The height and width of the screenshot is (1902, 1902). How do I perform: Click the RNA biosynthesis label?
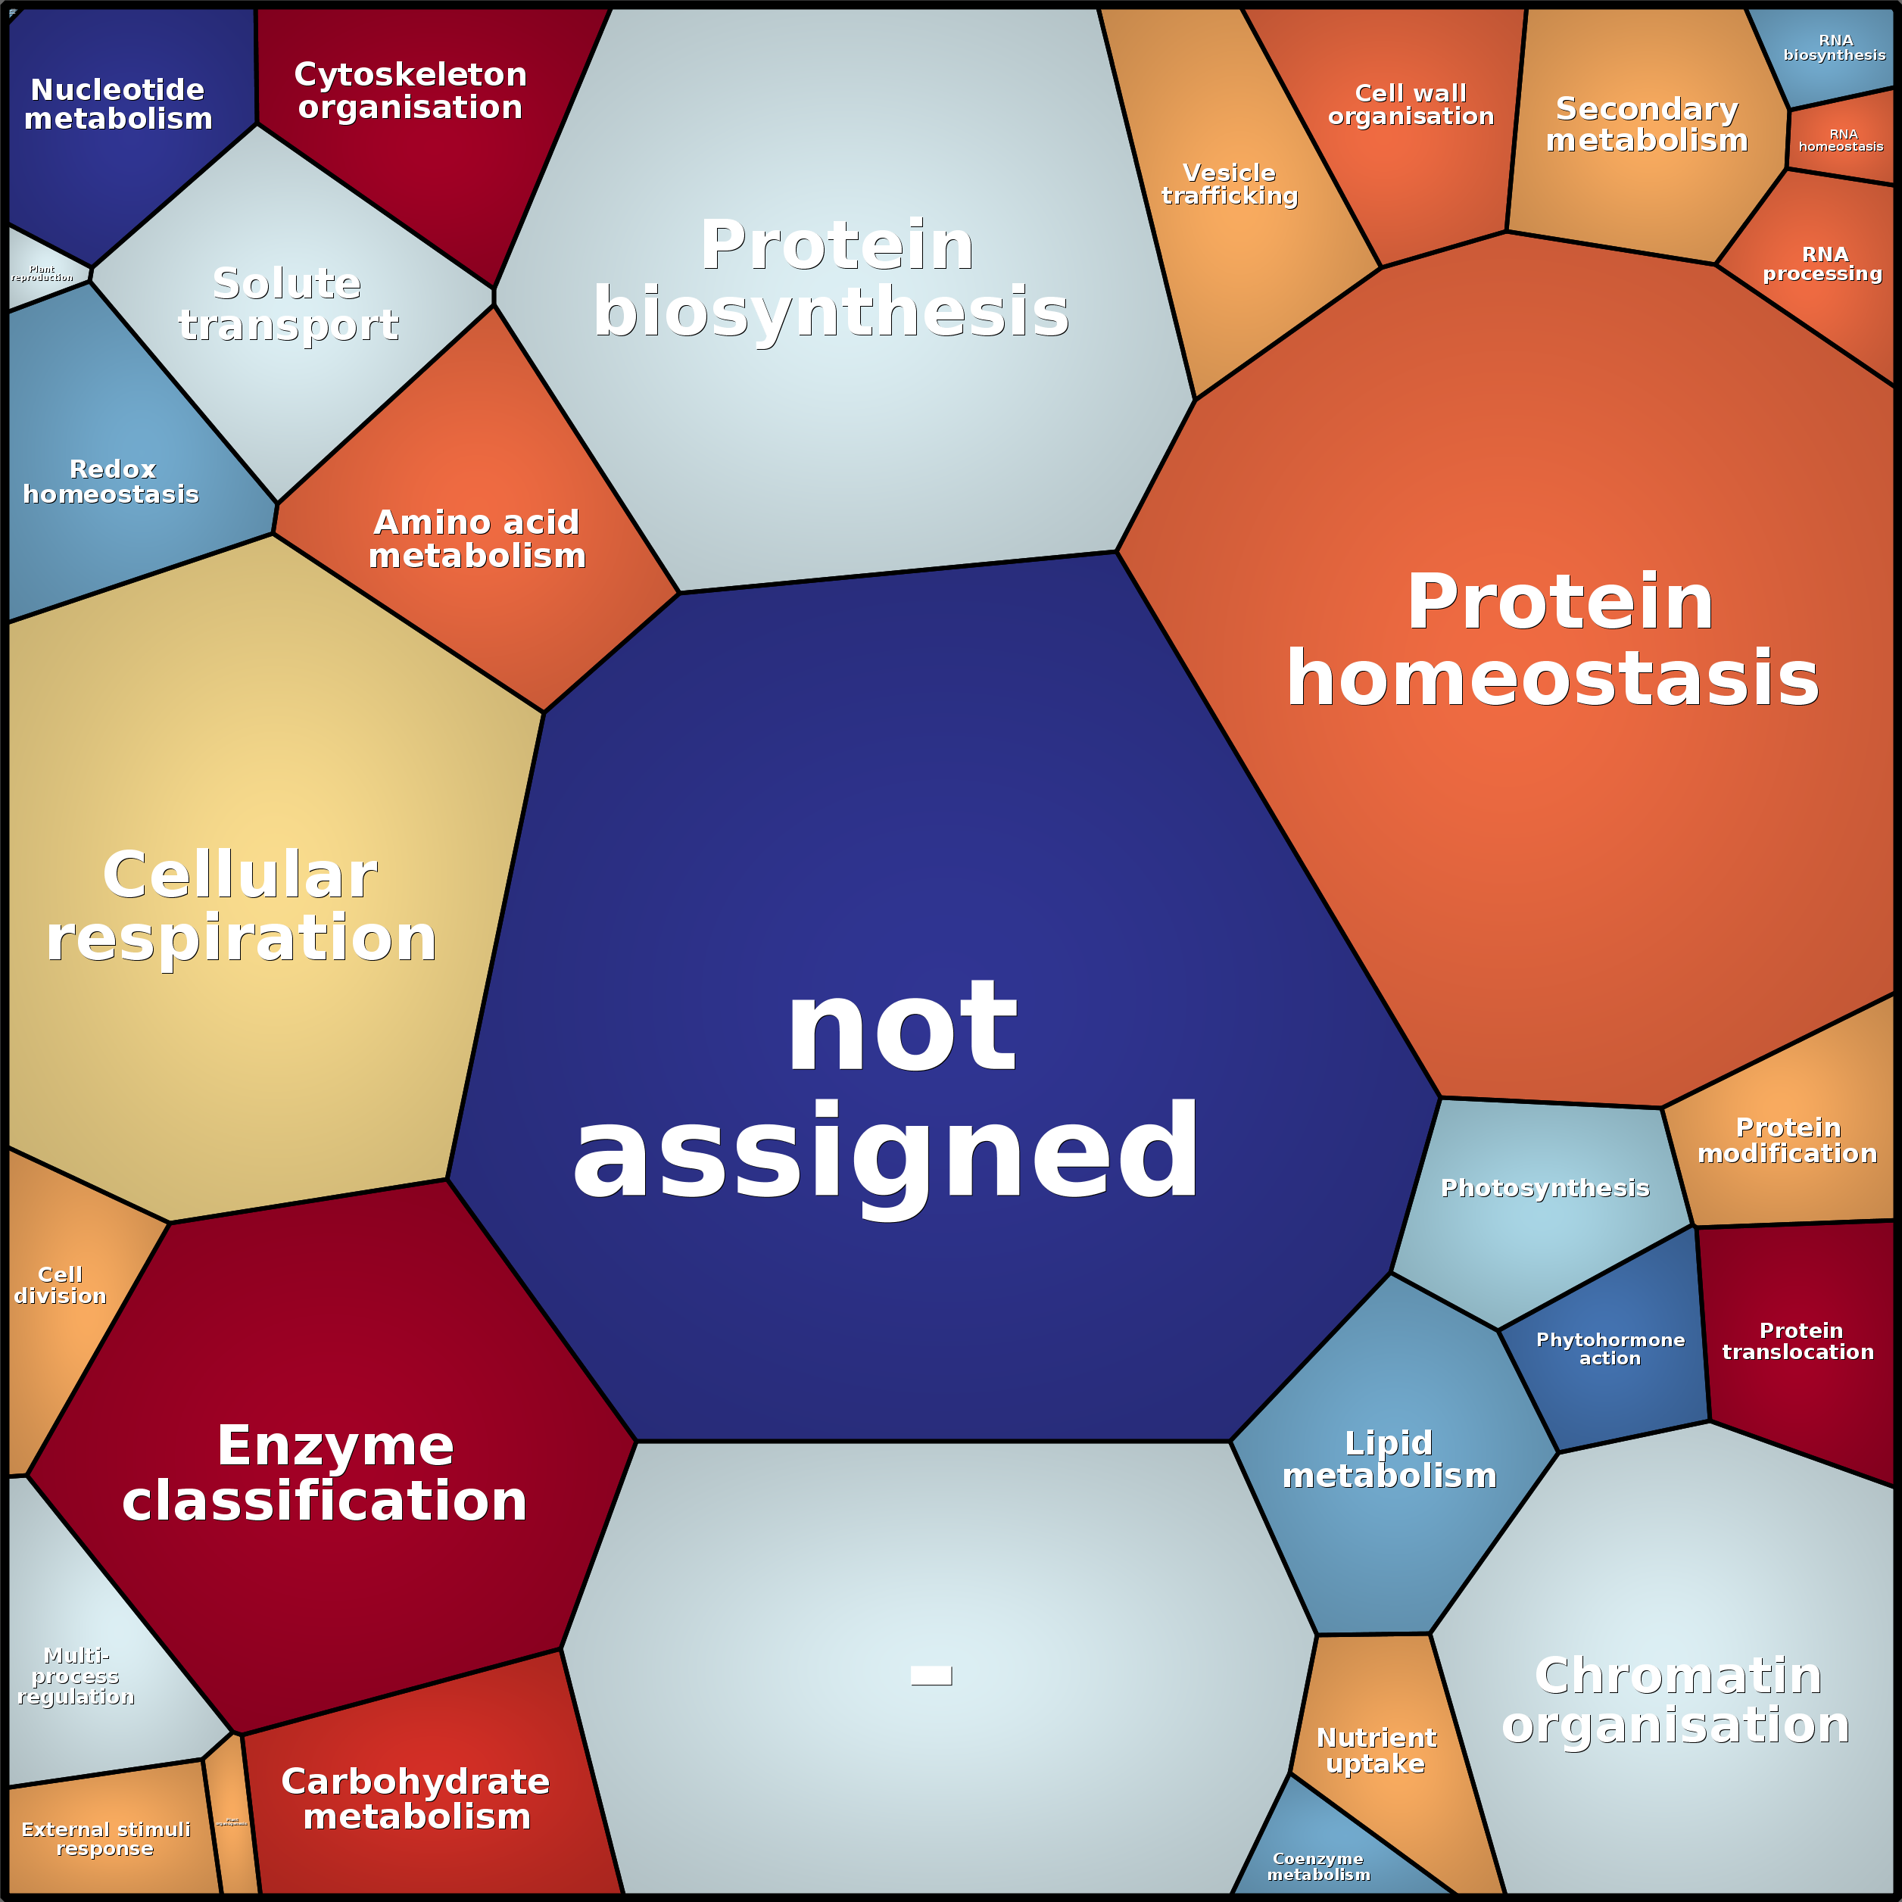click(1835, 47)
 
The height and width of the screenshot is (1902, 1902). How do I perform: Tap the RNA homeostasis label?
click(1841, 140)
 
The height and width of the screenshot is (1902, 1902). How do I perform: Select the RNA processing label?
click(1822, 263)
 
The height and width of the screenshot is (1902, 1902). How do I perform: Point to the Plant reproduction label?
click(42, 273)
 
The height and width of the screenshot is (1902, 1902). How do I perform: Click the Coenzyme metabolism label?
click(1318, 1866)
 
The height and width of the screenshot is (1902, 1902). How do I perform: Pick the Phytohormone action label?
click(1610, 1349)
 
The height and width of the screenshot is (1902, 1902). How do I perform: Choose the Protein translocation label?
click(1798, 1341)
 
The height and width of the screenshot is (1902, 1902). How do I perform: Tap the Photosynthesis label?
click(1545, 1188)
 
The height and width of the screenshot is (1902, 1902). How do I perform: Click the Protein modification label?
click(1788, 1140)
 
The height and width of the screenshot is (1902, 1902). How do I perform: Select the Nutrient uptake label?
click(1377, 1751)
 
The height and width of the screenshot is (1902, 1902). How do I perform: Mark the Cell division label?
click(60, 1285)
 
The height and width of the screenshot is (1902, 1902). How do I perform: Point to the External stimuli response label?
click(105, 1838)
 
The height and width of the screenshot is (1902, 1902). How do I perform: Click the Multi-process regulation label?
click(76, 1676)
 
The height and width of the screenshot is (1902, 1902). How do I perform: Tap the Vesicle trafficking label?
click(1230, 184)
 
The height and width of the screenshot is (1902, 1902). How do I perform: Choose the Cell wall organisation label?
click(1411, 104)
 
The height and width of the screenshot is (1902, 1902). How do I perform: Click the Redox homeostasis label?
click(111, 482)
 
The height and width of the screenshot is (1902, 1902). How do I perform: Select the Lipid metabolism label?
click(1389, 1459)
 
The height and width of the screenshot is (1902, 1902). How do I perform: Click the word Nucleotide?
click(117, 89)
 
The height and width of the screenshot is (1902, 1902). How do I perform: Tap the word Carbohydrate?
click(416, 1781)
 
